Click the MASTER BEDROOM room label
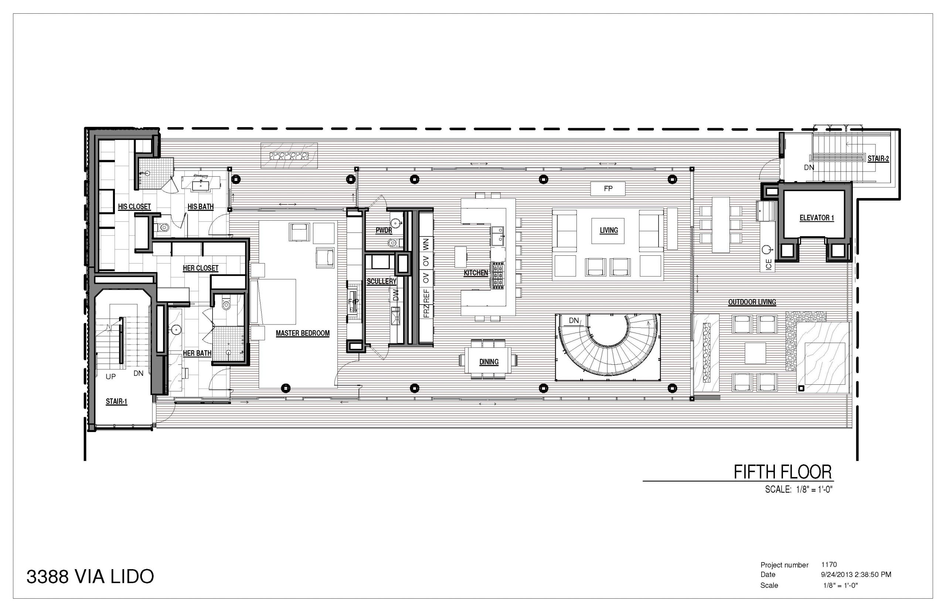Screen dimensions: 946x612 coord(302,333)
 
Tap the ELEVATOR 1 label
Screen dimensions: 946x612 coord(816,218)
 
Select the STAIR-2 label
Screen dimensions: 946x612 coord(878,159)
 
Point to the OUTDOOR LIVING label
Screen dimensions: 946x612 coord(752,302)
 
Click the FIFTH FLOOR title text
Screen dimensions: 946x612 coord(782,472)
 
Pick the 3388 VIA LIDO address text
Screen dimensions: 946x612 coord(90,577)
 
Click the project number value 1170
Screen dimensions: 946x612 coord(829,564)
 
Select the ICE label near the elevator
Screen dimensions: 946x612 coord(768,264)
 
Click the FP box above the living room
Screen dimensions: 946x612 coord(608,188)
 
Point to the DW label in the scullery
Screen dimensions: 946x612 coord(395,295)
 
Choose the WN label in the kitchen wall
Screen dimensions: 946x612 coord(426,244)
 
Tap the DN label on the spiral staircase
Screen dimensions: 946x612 coord(574,320)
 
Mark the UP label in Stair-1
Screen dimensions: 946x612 coord(110,376)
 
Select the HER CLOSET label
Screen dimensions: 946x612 coord(200,268)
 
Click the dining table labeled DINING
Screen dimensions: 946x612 coord(489,360)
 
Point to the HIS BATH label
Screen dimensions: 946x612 coord(200,207)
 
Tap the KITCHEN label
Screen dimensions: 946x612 coord(476,273)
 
